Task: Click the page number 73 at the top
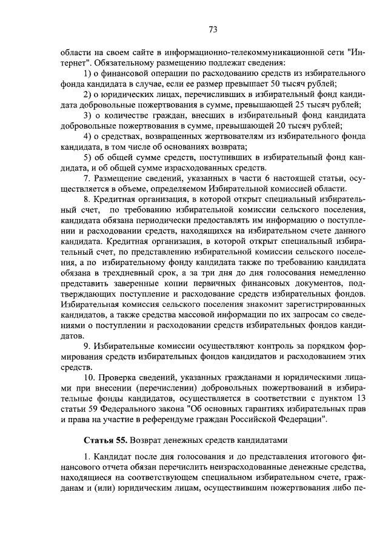click(213, 29)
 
